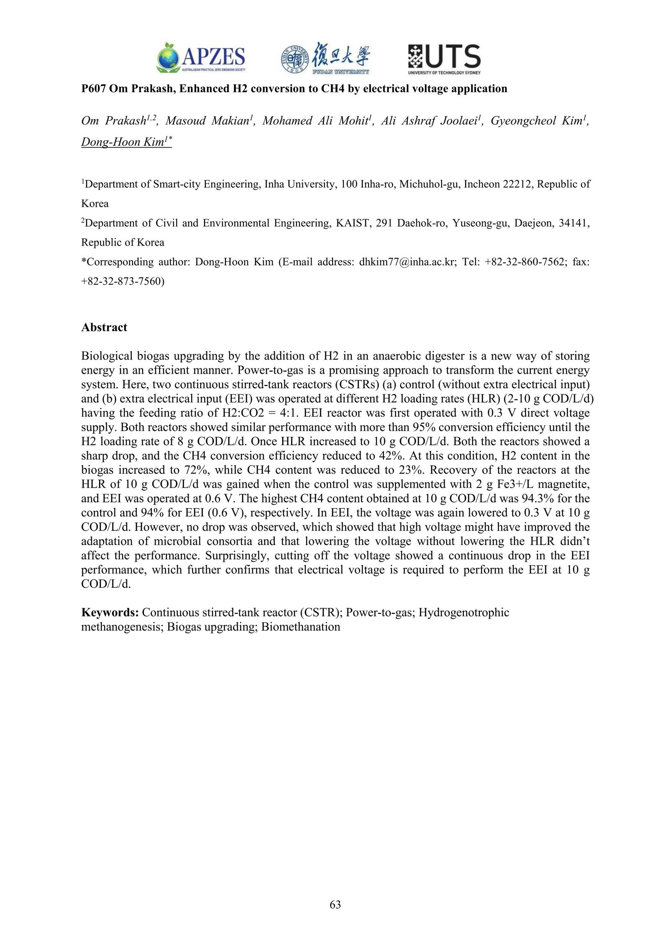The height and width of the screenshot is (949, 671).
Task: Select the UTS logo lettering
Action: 452,57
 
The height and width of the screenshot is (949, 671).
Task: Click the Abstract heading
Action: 104,328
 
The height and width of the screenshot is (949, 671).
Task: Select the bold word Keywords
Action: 110,613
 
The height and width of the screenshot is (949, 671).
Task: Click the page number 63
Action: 335,905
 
